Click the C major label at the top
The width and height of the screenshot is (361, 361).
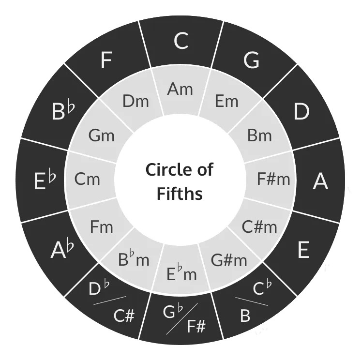[181, 41]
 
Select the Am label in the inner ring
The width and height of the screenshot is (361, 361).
[180, 89]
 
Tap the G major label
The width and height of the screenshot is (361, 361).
[251, 60]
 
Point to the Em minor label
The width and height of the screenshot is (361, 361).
[226, 101]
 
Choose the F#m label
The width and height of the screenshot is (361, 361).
[273, 179]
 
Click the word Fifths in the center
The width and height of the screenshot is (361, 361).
[180, 193]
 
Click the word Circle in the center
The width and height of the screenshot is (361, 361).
[166, 169]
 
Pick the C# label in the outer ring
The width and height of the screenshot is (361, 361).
[124, 316]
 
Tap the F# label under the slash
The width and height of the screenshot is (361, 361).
[196, 326]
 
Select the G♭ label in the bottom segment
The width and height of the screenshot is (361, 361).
[173, 311]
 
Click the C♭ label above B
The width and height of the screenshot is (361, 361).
[262, 287]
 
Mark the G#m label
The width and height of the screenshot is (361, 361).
[229, 260]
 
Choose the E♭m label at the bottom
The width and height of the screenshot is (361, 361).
[181, 273]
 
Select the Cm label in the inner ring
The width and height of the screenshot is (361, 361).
[87, 179]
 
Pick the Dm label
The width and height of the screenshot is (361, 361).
[135, 101]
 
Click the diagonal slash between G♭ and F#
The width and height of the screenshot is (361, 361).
[182, 319]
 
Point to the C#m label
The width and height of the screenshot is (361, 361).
[259, 227]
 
